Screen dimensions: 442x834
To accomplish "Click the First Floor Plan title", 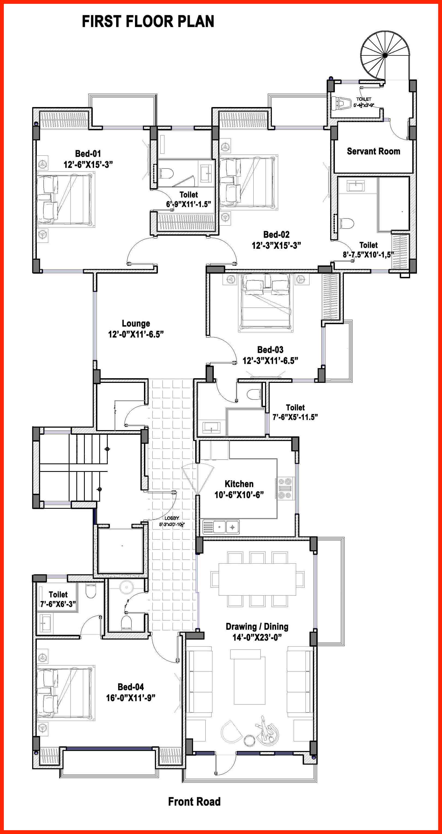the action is pos(148,21).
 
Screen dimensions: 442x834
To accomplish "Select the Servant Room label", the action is pos(374,151).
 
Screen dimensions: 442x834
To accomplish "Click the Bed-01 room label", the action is pos(88,153).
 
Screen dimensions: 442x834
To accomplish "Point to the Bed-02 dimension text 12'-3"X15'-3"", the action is pos(276,245).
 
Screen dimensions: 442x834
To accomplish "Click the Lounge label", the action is pos(136,323).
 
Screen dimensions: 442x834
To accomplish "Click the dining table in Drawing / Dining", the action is pos(257,579).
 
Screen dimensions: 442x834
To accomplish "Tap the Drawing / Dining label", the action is pos(257,626).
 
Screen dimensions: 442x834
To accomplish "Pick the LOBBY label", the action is pos(172,518).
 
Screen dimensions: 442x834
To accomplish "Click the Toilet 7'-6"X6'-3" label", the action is pos(58,599).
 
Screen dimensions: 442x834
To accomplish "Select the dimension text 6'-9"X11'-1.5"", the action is pos(188,204).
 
